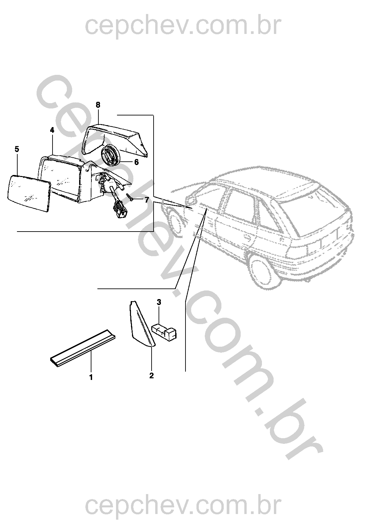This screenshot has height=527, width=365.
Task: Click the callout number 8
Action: [x=98, y=105]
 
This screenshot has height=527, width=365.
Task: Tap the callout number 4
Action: [x=52, y=130]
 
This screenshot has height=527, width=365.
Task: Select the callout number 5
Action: [x=17, y=149]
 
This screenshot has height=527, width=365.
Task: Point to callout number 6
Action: [x=136, y=162]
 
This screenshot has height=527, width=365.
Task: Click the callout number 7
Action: [x=146, y=200]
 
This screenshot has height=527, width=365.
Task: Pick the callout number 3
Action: [x=159, y=302]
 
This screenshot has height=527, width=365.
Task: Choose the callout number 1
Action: [x=91, y=377]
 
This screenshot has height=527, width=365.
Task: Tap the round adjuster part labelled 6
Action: [x=110, y=155]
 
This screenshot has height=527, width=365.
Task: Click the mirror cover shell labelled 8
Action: [x=115, y=140]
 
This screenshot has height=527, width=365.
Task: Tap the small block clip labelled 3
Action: [x=164, y=331]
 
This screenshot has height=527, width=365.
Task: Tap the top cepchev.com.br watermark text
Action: [x=183, y=27]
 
